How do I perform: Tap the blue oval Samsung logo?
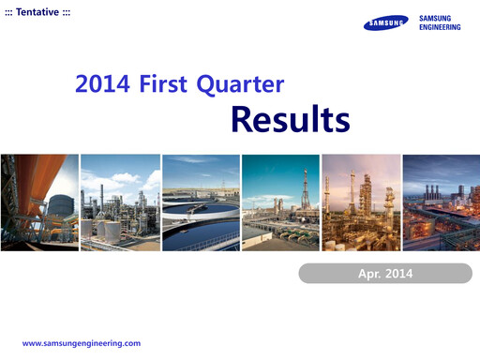coord(386,23)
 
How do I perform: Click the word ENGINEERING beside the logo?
coord(440,27)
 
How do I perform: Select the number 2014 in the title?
coord(103,85)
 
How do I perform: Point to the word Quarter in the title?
coord(240,86)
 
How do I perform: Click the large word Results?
coord(290,120)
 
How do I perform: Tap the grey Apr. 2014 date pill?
coord(385,274)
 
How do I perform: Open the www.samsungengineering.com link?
coord(81,343)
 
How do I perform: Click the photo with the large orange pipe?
coord(39,202)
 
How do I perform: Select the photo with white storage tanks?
coord(119,202)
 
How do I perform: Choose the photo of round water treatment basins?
coord(200,202)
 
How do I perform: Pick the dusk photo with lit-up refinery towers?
coord(360,202)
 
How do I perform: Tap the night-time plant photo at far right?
coord(441,202)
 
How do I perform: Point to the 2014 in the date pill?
coord(397,274)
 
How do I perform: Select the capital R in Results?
coord(242,120)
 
